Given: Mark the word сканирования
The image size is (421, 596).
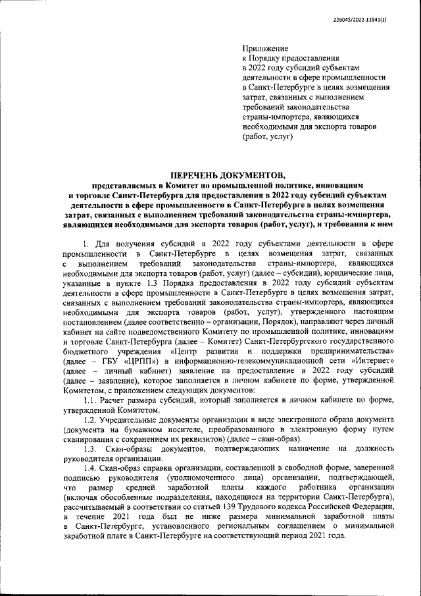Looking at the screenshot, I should tap(91, 457).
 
